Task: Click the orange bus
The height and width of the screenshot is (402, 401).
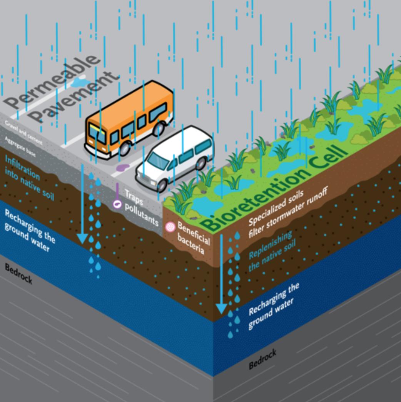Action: [x=129, y=119]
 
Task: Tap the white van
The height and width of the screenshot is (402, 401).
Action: [x=175, y=158]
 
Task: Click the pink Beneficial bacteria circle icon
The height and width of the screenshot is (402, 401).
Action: [x=170, y=227]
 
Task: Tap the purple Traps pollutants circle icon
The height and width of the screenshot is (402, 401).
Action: [x=117, y=204]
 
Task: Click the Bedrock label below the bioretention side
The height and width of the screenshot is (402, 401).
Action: [x=262, y=359]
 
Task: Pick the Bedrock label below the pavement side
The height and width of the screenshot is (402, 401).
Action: [x=18, y=274]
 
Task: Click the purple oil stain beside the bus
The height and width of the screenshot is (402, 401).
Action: [x=124, y=168]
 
